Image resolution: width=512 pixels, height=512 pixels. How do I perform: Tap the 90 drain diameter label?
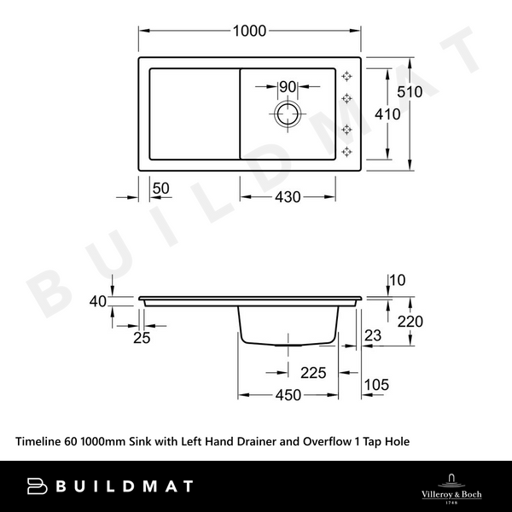pyautogui.click(x=287, y=86)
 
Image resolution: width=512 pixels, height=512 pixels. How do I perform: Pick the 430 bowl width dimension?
pyautogui.click(x=287, y=197)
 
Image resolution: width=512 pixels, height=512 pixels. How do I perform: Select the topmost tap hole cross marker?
pyautogui.click(x=347, y=75)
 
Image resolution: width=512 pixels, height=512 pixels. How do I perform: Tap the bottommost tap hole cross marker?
pyautogui.click(x=347, y=152)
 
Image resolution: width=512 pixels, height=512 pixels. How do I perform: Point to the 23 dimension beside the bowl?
pyautogui.click(x=372, y=336)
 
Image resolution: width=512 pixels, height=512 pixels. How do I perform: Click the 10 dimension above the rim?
pyautogui.click(x=396, y=280)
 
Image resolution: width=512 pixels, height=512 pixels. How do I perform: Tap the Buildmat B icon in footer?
pyautogui.click(x=38, y=486)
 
